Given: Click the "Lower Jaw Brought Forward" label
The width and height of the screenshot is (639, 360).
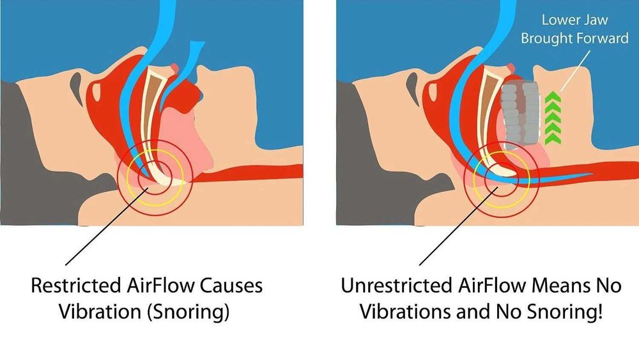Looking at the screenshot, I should coord(574,29).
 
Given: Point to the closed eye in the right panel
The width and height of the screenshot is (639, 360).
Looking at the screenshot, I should coord(412,83).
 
